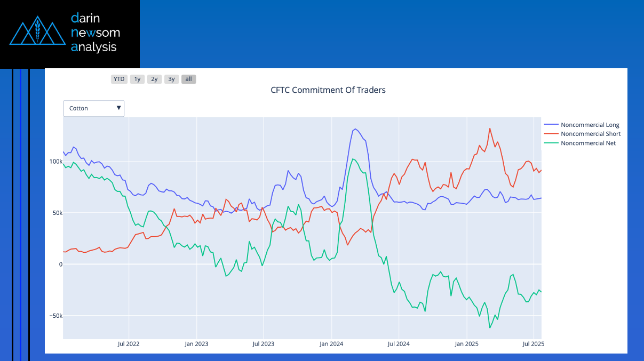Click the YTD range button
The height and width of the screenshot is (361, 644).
[x=119, y=79]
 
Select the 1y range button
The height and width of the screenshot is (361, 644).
[x=137, y=79]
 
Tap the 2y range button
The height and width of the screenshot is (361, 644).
[x=154, y=79]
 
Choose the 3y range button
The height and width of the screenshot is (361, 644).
[x=171, y=79]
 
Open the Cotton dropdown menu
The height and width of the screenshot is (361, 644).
[x=94, y=108]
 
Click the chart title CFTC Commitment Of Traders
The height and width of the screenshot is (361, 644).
[x=328, y=90]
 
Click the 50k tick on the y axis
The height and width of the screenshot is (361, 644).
[x=57, y=213]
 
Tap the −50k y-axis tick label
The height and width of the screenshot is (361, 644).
[x=54, y=316]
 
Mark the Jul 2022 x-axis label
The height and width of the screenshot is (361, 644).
[x=129, y=344]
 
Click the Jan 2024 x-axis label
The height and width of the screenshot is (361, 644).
[x=331, y=344]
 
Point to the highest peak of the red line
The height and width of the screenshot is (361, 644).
[x=490, y=128]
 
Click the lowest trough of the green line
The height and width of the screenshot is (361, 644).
[x=490, y=327]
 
